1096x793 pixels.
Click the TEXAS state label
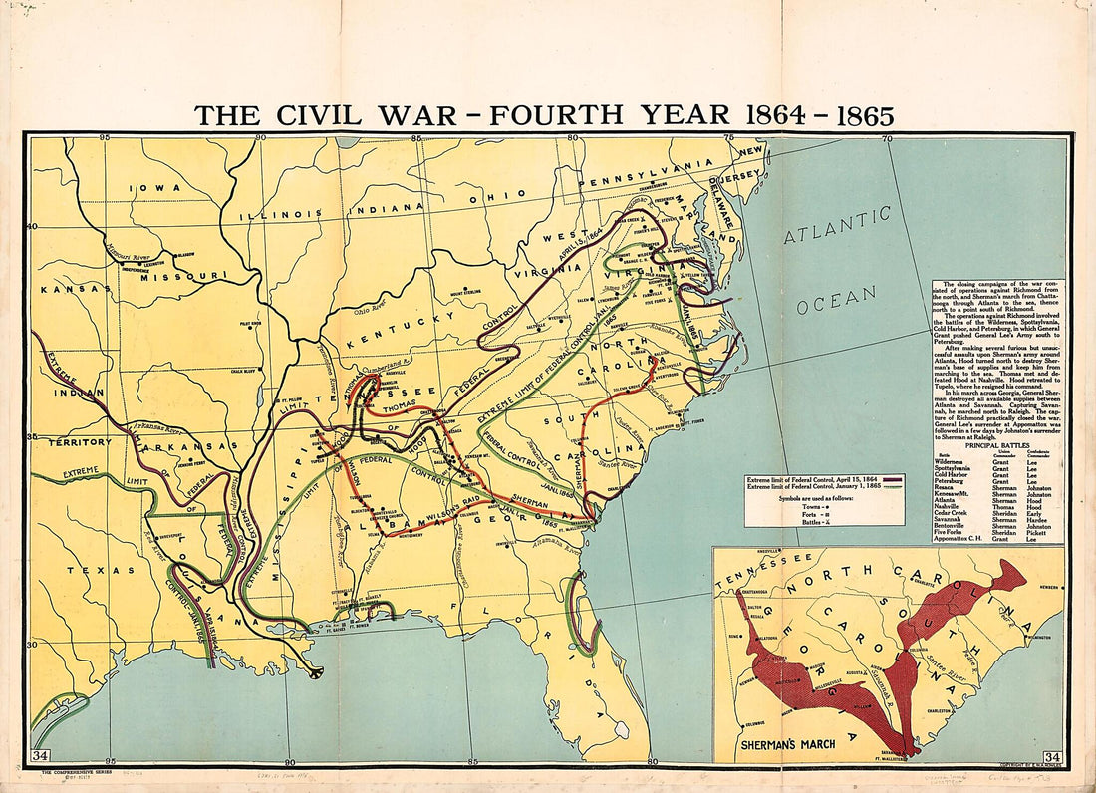(93, 571)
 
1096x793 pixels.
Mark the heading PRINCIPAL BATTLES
(997, 445)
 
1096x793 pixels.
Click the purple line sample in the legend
(892, 480)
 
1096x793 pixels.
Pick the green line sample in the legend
(892, 487)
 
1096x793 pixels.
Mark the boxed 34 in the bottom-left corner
(41, 755)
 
